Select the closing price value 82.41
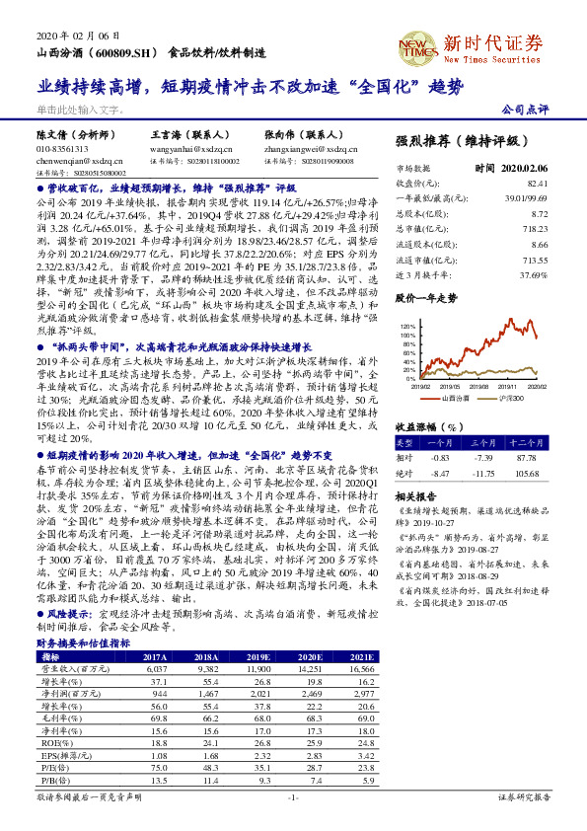click(537, 184)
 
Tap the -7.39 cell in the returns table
click(483, 459)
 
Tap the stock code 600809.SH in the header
click(119, 52)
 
